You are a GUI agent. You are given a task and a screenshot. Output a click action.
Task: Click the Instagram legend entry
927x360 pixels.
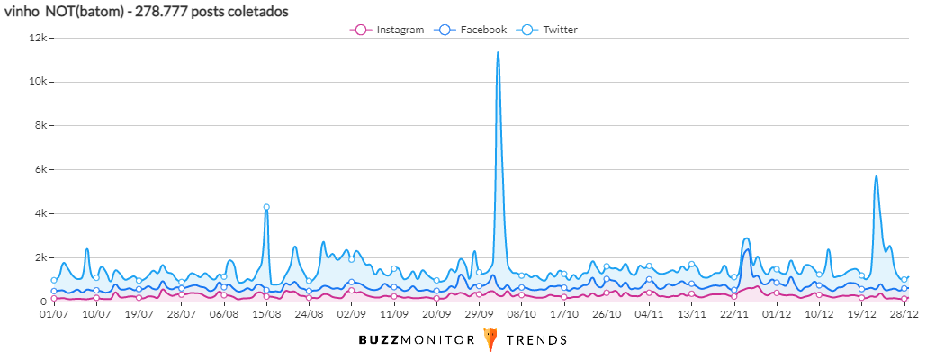coord(387,30)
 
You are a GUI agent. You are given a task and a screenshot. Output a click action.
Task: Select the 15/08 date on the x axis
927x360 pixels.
coord(266,315)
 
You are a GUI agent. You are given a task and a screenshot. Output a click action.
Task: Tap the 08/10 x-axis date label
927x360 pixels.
coord(522,315)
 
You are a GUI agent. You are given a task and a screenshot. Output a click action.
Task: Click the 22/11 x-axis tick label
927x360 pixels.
coord(735,315)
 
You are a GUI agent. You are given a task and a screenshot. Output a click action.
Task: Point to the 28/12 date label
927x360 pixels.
coord(904,315)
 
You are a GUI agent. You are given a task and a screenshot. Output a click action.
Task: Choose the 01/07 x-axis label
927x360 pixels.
coord(54,315)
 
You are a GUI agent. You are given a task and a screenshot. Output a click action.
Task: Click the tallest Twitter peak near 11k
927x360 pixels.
coord(498,53)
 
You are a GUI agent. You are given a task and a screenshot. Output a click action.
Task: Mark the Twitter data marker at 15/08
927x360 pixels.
coord(266,207)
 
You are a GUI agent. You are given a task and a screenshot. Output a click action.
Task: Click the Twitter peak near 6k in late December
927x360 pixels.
coord(876,176)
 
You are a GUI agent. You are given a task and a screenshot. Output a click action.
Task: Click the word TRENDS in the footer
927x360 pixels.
coord(536,340)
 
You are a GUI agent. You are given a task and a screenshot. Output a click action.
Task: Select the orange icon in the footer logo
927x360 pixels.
coord(490,339)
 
